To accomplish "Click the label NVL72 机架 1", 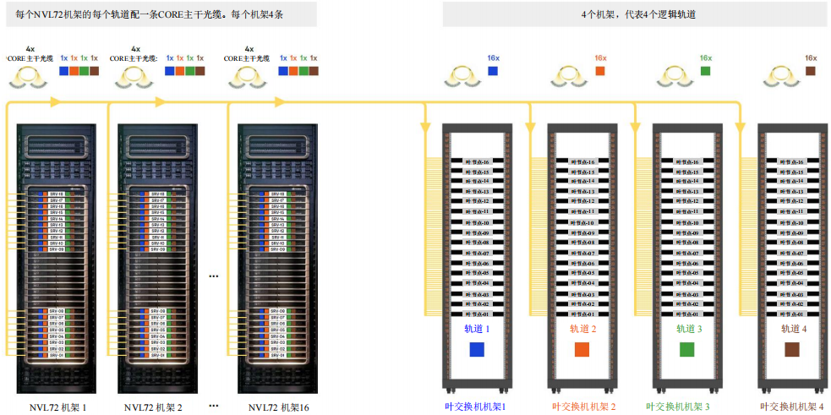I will click(58, 407).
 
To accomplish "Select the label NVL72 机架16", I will click(279, 407).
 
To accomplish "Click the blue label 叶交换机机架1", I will click(475, 407).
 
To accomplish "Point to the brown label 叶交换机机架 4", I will click(792, 407).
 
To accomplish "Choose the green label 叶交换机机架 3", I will click(687, 407).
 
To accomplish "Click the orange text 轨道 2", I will click(582, 329).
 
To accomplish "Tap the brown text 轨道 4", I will click(793, 329).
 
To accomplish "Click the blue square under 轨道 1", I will click(477, 350).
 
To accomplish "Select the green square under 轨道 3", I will click(686, 350).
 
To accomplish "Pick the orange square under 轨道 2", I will click(582, 350).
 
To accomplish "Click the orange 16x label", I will click(600, 58).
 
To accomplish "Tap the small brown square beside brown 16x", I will click(810, 71).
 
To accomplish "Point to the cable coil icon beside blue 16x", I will click(462, 77).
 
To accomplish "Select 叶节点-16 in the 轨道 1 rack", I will click(477, 161).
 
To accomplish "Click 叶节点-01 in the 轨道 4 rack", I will click(792, 314).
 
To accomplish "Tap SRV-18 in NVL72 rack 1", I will click(57, 194).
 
